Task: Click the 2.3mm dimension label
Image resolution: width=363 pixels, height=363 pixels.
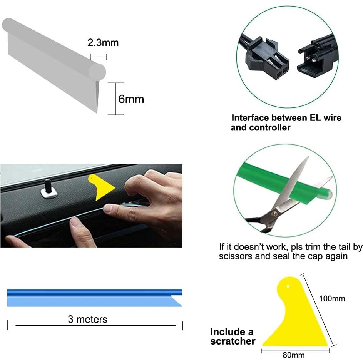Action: (x=103, y=42)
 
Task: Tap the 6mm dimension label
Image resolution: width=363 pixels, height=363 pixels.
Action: (x=131, y=99)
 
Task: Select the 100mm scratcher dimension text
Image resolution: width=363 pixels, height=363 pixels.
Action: (x=332, y=298)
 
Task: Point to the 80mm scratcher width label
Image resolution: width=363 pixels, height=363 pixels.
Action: (x=293, y=355)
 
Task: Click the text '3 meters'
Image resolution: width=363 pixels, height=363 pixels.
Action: (x=87, y=319)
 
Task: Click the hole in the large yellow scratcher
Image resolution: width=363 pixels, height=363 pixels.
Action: (x=288, y=286)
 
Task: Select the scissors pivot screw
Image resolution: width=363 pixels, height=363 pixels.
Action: (x=274, y=213)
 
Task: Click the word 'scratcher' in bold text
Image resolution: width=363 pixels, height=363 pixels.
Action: (x=233, y=341)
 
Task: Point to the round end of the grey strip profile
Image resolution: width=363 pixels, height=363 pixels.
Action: (x=97, y=72)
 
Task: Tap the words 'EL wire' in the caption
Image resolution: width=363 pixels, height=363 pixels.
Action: (x=325, y=118)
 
